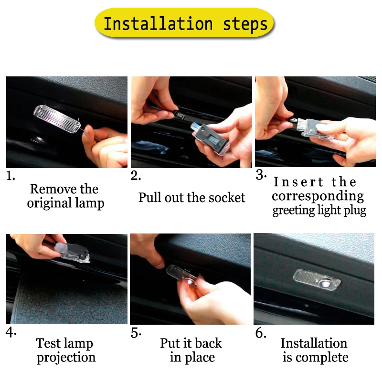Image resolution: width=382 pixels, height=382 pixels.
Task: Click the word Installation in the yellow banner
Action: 158,23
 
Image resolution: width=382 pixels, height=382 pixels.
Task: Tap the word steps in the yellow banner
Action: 245,25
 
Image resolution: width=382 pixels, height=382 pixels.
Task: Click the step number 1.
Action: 11,176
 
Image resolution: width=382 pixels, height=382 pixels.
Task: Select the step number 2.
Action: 136,175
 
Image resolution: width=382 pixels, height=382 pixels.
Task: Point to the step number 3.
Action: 261,174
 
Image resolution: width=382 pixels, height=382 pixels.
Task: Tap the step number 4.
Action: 11,332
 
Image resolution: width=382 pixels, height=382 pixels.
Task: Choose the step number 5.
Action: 136,333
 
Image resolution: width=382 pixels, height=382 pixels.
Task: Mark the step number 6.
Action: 261,333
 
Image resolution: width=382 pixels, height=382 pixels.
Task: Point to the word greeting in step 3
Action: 294,211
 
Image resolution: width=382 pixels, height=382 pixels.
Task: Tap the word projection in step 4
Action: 66,358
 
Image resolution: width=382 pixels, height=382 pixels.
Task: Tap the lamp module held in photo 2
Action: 210,138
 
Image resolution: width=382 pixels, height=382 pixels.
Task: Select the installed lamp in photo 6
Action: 317,280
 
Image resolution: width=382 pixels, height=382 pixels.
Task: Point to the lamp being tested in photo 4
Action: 73,253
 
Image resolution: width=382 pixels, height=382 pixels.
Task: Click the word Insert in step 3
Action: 298,182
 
